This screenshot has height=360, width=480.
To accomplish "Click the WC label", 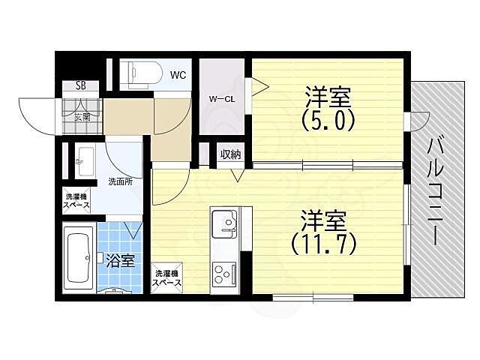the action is coord(178,75).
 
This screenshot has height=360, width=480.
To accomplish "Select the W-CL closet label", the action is coord(222,99).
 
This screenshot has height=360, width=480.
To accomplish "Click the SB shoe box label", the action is coord(81,86).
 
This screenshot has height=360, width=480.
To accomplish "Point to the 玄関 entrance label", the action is coord(82,117).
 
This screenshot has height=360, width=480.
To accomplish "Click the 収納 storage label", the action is coord(231,155).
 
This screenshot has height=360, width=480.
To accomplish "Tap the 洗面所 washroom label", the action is coord(121,181).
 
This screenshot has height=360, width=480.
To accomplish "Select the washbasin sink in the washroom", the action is coord(85,160).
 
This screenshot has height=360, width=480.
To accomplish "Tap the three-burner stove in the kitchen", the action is coord(225,274).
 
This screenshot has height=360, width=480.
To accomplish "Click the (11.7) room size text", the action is coord(324,244).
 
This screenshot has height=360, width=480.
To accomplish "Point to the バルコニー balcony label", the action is coord(436,191).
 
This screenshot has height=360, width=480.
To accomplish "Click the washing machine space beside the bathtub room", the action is coord(76,201).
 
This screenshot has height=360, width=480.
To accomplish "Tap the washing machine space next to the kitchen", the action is coord(166,278).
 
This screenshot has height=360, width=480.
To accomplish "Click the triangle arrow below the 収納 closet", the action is coord(238,175).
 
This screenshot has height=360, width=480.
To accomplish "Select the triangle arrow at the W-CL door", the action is coord(260,87).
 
